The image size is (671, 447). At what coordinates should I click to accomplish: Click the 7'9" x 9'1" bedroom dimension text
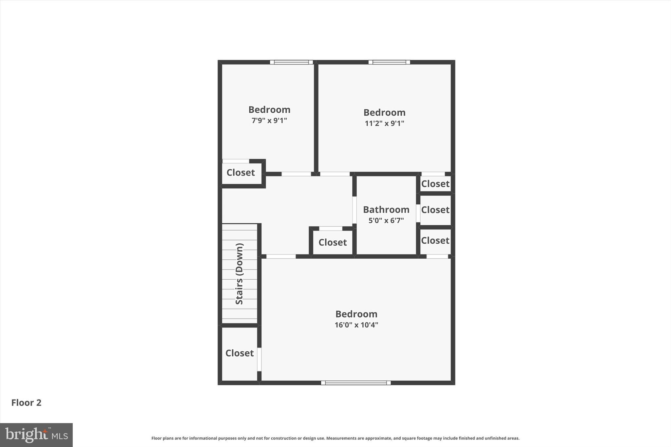click(269, 121)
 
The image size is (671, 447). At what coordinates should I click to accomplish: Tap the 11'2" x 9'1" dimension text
click(384, 123)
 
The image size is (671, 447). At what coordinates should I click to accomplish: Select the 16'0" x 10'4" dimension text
click(356, 325)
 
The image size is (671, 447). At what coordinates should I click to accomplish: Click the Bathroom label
click(386, 210)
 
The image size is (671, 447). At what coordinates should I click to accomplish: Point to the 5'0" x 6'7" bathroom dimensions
click(386, 220)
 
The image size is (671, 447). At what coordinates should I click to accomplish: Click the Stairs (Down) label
click(240, 274)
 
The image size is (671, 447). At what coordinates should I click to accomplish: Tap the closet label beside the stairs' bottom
click(240, 353)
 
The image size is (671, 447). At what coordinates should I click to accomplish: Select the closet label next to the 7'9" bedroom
click(240, 173)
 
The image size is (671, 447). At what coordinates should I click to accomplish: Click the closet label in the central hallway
click(333, 242)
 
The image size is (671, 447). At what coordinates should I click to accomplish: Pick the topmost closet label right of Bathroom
click(435, 184)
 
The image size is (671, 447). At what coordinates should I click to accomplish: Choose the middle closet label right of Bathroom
click(435, 210)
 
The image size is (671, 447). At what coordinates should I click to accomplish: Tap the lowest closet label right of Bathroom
click(435, 240)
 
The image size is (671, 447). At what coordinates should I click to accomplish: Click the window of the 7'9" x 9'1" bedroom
click(291, 62)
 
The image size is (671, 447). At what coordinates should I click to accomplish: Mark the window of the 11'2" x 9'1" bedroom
click(389, 62)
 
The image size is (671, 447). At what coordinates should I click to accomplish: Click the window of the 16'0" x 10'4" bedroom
click(356, 382)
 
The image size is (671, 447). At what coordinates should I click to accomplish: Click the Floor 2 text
click(26, 402)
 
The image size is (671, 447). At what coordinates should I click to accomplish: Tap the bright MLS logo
click(36, 435)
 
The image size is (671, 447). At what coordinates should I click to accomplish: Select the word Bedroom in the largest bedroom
click(356, 314)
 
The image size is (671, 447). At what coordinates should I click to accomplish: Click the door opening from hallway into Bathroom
click(354, 210)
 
